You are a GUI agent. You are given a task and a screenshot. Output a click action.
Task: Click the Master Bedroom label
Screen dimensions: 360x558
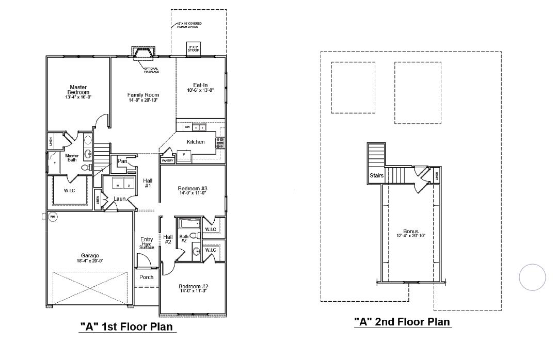click(78, 90)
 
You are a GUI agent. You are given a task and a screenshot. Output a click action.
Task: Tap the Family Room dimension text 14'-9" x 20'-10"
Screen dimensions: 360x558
click(143, 100)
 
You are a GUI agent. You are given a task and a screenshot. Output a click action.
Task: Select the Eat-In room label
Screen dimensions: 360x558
click(200, 85)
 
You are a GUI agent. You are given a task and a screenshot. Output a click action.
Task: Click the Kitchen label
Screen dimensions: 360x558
click(196, 142)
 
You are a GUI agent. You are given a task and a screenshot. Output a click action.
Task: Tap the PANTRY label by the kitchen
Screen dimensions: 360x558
click(168, 161)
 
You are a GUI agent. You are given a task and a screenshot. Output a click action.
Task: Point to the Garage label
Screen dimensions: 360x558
click(90, 255)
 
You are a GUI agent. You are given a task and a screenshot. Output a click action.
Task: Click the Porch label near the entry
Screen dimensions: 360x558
click(147, 277)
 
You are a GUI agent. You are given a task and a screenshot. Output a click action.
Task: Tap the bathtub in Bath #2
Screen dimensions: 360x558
click(189, 224)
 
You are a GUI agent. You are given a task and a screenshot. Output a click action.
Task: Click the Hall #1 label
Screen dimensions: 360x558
click(147, 183)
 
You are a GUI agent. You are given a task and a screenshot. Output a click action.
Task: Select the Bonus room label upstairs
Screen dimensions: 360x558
click(411, 231)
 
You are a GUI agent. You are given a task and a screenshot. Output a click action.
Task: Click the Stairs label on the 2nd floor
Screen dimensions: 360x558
click(376, 175)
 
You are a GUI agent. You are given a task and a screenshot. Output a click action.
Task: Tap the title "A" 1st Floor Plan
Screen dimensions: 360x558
click(126, 326)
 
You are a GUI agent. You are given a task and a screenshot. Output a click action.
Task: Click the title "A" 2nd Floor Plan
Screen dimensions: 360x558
click(402, 322)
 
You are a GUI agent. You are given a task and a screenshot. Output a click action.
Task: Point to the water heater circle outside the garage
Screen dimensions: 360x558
click(52, 217)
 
